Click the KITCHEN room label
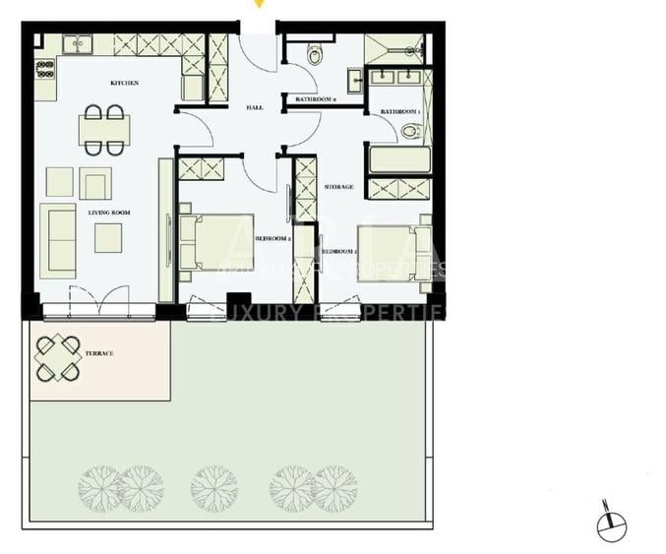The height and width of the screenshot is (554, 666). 124,84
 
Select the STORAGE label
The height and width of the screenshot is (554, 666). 339,186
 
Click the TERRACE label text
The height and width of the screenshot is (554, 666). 99,352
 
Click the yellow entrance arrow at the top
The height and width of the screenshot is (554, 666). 260,4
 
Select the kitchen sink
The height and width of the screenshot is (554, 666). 77,44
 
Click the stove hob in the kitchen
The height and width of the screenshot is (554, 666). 45,68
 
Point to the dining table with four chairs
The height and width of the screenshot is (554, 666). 103,130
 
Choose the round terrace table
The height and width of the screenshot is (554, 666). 58,358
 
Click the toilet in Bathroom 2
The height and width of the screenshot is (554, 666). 315,54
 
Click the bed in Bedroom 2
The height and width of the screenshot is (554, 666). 216,242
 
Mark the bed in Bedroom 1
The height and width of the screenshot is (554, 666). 394,253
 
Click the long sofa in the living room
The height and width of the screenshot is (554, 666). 58,239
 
